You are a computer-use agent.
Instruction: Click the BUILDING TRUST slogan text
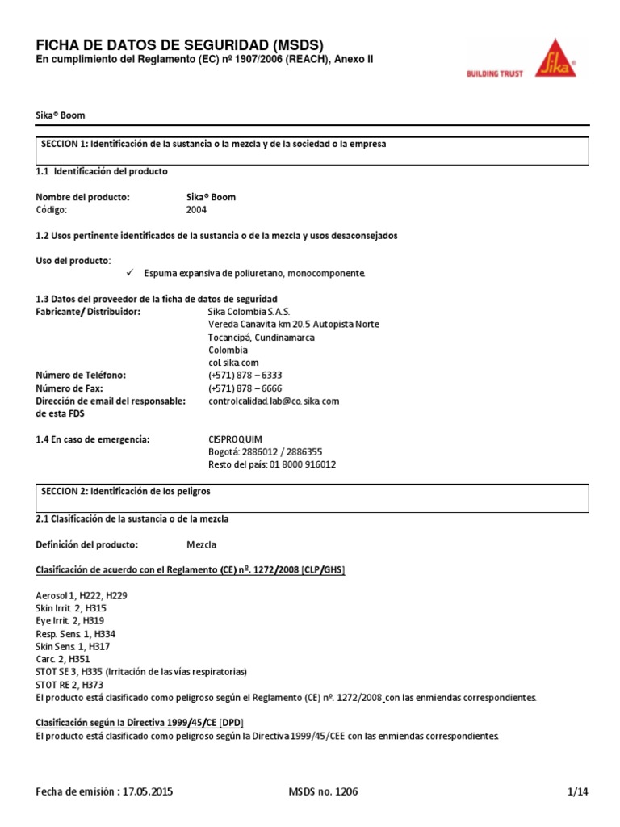coord(495,73)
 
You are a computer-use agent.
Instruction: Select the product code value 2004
coord(196,209)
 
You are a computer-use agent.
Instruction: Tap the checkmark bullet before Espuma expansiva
coord(130,273)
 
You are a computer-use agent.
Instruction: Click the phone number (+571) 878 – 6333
coord(245,376)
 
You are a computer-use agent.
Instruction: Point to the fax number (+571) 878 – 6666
coord(245,388)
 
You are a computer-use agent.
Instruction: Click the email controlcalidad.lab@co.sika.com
coord(274,401)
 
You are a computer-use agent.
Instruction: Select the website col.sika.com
coord(233,363)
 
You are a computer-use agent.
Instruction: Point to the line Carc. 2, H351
coord(64,659)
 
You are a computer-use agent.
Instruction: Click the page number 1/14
coord(579,792)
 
